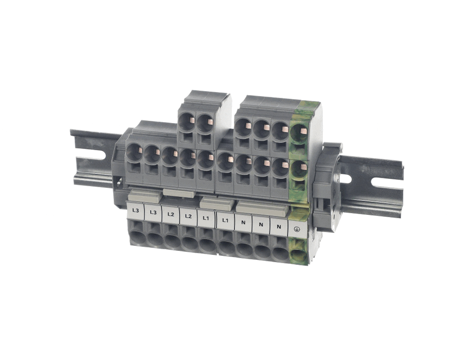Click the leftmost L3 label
tap(136, 210)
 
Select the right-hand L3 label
tap(153, 213)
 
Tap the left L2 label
tap(171, 214)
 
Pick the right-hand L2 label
tap(188, 216)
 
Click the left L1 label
tap(205, 218)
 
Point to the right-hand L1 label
tap(226, 220)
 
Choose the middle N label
tap(261, 224)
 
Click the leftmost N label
tap(244, 223)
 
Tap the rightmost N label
tap(278, 227)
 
